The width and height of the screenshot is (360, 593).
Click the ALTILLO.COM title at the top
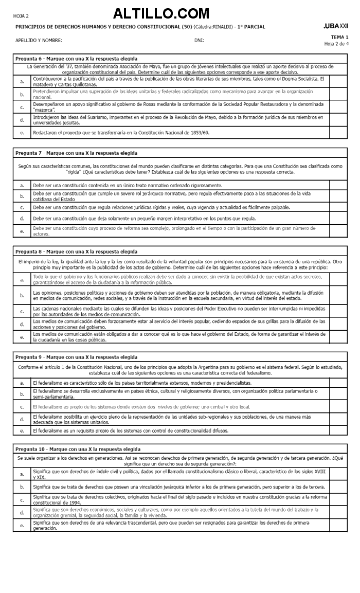(161, 13)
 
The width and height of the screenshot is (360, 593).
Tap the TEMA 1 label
(339, 37)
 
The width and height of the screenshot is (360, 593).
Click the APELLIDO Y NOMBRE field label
(39, 40)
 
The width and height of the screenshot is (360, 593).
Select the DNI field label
(199, 40)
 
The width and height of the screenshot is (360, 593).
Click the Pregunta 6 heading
(76, 59)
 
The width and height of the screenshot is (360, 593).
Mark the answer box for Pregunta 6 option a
(338, 81)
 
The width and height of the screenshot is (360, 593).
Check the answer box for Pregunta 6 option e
(338, 133)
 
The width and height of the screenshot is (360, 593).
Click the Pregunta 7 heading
(76, 153)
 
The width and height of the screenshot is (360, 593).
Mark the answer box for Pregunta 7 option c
(338, 207)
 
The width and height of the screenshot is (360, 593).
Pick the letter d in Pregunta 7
(22, 219)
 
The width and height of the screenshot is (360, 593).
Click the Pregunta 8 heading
(76, 251)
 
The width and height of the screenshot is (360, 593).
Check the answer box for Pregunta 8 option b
(338, 295)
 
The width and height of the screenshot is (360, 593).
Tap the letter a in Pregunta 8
(22, 280)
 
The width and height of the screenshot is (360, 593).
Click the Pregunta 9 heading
(76, 357)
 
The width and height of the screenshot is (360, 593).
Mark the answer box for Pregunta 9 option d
(338, 419)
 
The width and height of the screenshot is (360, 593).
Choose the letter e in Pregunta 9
(22, 430)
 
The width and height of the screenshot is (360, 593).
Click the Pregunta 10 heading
(77, 448)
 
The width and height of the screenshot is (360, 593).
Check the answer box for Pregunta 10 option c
(338, 499)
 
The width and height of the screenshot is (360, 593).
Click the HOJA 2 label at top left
(21, 16)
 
